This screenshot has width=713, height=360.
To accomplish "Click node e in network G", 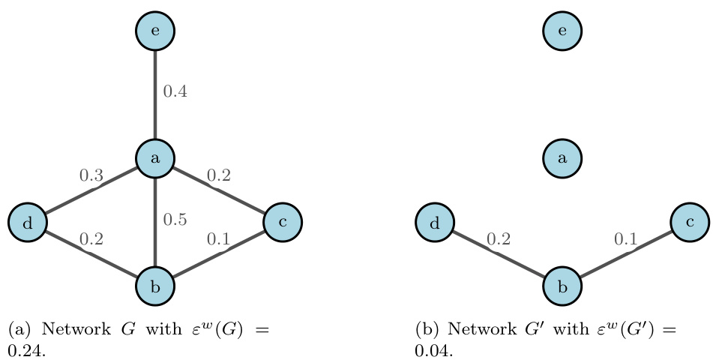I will pos(155,31).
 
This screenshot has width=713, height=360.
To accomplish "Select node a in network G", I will pos(155,158).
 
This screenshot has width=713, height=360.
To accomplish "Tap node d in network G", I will pos(28,222).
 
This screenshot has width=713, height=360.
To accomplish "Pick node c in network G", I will pos(283,222).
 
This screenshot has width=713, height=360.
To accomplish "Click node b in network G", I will pos(155,286).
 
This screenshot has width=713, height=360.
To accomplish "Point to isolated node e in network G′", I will pos(562,31).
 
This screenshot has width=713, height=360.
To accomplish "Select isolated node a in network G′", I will pos(562,158).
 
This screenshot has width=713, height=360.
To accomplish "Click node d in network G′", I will pos(435,222).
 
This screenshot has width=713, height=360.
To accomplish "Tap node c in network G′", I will pos(690,222).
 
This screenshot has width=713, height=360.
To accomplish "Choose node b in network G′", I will pos(562,286).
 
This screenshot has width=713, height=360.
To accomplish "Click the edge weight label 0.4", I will pos(175,92).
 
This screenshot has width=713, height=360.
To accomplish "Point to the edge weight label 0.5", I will pos(175,220).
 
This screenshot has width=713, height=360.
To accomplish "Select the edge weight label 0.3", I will pos(91,176).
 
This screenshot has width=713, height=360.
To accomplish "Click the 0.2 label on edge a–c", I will pos(218,176).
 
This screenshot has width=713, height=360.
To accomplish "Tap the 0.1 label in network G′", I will pos(625,239).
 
